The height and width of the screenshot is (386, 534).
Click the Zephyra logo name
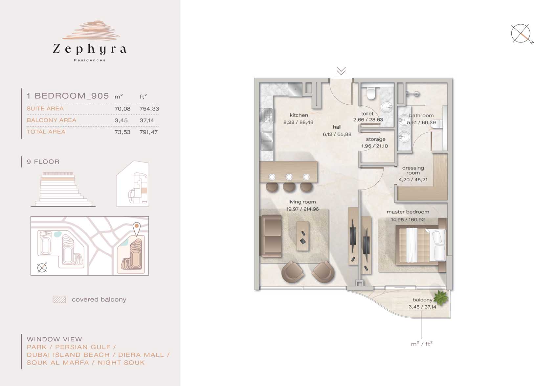(89, 49)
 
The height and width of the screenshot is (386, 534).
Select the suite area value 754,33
(149, 109)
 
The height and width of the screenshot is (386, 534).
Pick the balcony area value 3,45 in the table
(121, 120)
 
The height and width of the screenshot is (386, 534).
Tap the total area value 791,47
(148, 132)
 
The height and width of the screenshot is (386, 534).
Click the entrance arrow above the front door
(341, 71)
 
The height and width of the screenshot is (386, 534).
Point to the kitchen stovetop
(266, 115)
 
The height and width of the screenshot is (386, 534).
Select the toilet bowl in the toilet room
(371, 93)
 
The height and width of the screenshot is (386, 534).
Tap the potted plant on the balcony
(440, 298)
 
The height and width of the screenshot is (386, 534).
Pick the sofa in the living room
(271, 236)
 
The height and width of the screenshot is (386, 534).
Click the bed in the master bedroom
(420, 245)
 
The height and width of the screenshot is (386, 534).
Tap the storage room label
(376, 139)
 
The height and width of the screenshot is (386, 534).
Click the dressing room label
(413, 170)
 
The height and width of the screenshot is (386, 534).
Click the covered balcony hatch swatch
(59, 300)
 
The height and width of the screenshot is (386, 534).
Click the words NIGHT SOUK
(121, 363)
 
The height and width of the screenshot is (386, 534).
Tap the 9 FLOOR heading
(43, 162)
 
